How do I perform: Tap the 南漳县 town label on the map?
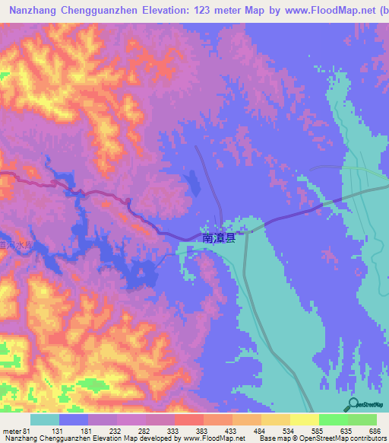coord(219,238)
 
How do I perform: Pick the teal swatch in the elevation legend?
coord(45,419)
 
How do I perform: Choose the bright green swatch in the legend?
coord(334,419)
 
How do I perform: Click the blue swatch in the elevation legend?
coord(74,419)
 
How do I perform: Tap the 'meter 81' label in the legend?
coord(16,432)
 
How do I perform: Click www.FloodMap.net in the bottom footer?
coord(213,438)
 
